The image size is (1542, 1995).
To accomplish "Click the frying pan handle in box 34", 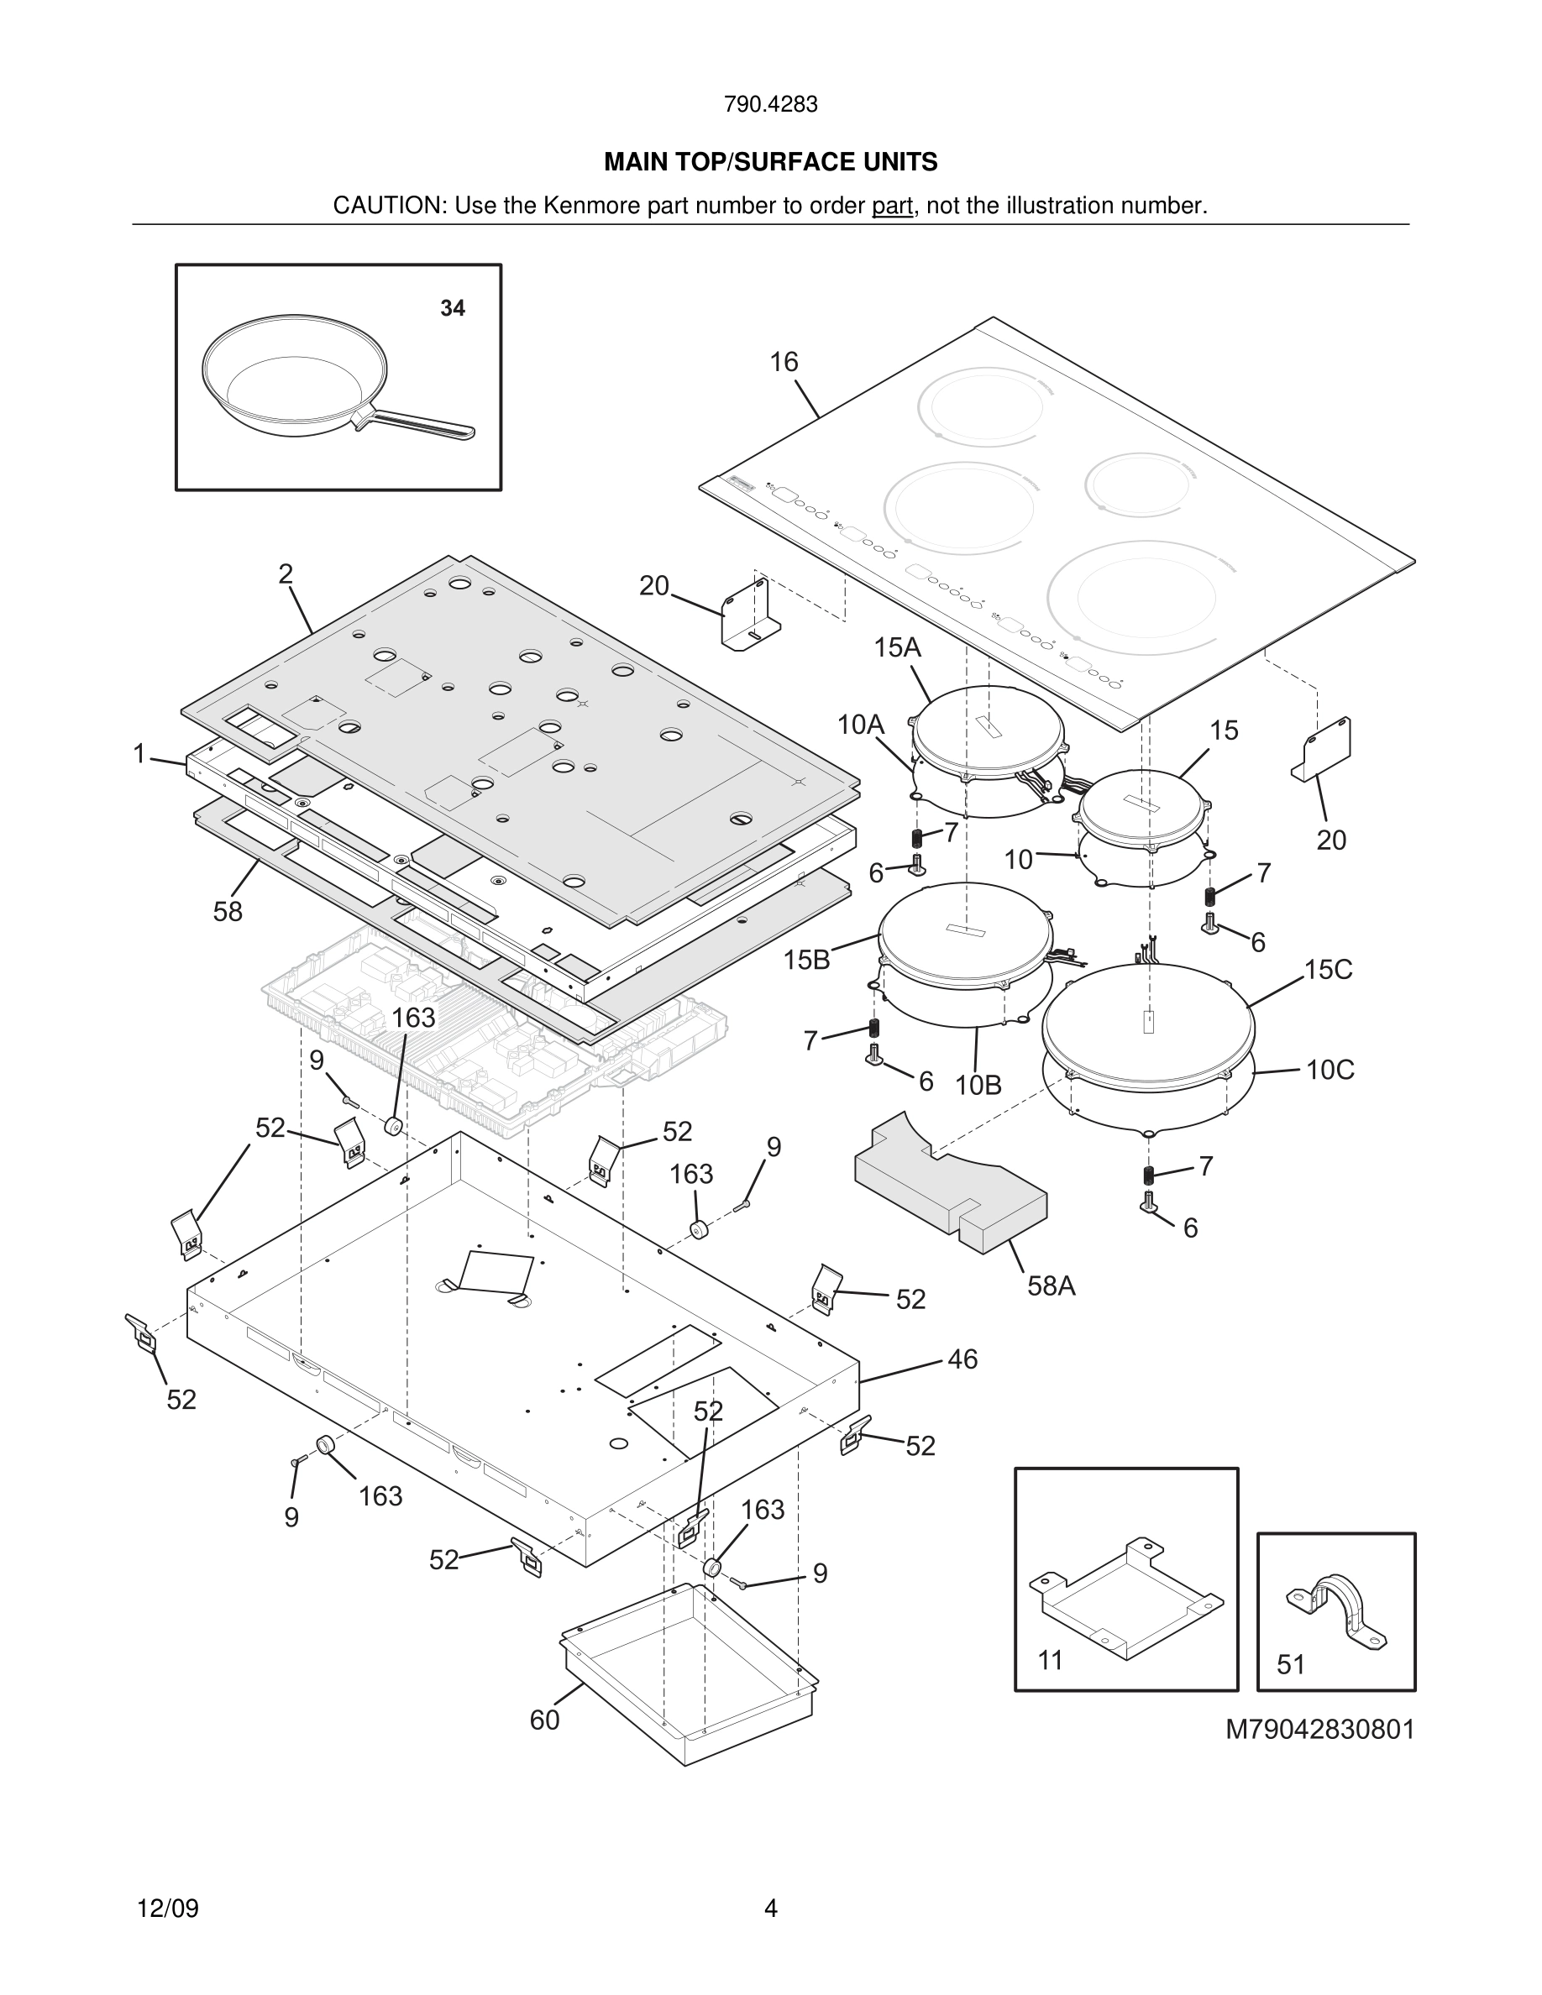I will (420, 424).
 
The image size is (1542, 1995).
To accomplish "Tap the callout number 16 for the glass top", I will (784, 363).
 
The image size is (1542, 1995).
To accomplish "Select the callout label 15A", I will (897, 647).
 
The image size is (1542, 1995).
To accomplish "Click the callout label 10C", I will (1330, 1070).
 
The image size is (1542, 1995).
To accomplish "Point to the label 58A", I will (1051, 1286).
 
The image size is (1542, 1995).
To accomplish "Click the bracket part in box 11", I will (1125, 1594).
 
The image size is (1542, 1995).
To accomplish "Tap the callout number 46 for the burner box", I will (962, 1359).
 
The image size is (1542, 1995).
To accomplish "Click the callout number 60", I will (544, 1720).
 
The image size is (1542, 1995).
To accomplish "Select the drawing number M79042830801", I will (1319, 1729).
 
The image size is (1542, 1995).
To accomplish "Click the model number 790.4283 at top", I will (770, 105).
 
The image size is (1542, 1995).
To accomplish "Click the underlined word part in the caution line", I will (892, 207).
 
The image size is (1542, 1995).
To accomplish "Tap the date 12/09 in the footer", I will (168, 1909).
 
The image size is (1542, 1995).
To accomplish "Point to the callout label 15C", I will (1327, 969).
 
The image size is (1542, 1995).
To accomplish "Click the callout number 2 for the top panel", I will (286, 573).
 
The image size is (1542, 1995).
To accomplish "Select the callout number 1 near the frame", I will (139, 754).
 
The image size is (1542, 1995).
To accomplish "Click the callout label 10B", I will (978, 1085).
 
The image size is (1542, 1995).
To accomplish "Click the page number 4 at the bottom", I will (770, 1909).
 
